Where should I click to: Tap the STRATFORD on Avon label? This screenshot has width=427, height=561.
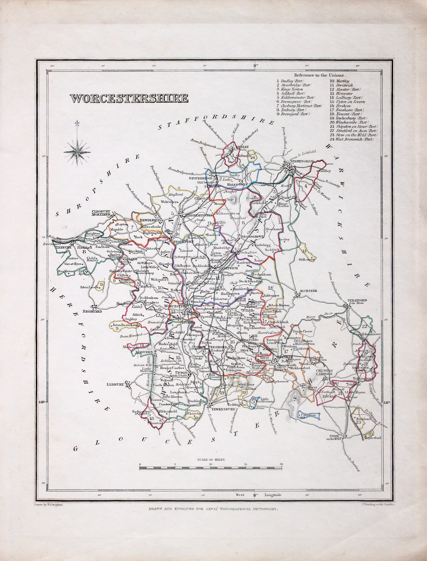[357, 301]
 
